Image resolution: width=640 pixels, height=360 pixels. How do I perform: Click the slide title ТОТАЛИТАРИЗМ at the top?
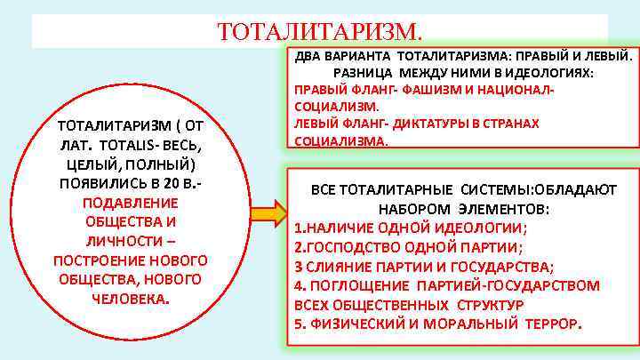(x=319, y=33)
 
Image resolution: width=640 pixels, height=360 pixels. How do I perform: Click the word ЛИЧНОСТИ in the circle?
(x=124, y=240)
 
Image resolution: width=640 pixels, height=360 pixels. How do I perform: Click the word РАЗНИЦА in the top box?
(x=364, y=71)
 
